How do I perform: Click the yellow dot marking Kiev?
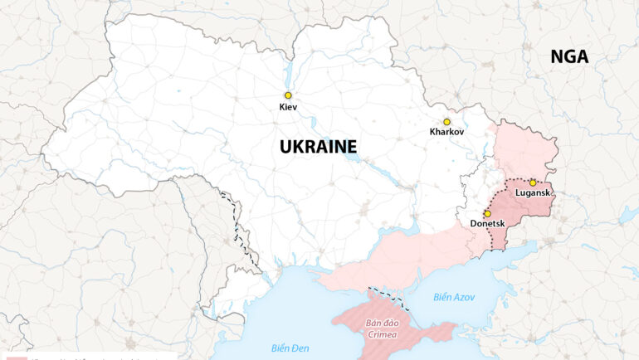(x=288, y=95)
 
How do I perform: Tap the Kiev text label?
(x=288, y=107)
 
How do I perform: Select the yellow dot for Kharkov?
(x=446, y=122)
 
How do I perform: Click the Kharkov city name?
(x=446, y=132)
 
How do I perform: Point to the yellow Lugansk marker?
(x=533, y=182)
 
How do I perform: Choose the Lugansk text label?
(x=532, y=193)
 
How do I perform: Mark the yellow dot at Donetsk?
(x=487, y=213)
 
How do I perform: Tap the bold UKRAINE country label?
(x=318, y=147)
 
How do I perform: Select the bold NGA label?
(x=569, y=56)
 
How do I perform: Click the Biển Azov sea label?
(x=454, y=297)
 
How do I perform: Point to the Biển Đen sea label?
(x=290, y=347)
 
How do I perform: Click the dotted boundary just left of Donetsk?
(x=491, y=232)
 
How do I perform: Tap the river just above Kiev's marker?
(x=289, y=79)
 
